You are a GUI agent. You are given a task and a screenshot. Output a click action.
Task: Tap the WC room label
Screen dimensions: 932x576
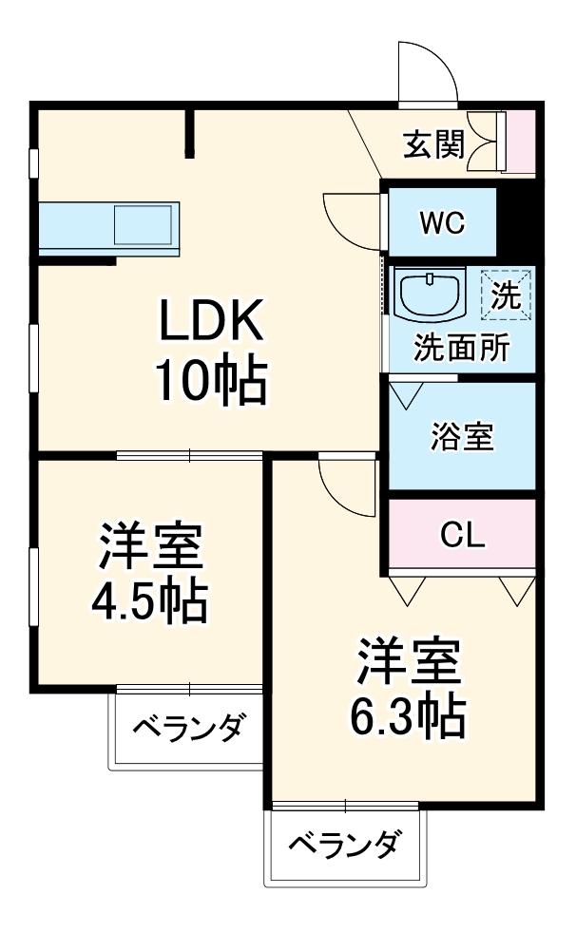[442, 223]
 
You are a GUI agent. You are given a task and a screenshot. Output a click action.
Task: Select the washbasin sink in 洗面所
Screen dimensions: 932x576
[431, 294]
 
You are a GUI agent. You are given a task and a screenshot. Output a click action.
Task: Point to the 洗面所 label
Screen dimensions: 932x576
[461, 348]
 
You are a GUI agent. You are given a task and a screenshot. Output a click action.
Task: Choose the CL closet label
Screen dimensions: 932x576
[463, 535]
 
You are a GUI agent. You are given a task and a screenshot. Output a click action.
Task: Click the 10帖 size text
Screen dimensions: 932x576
[210, 381]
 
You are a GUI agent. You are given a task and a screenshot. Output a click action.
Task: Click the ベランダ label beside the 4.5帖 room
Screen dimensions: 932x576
[187, 731]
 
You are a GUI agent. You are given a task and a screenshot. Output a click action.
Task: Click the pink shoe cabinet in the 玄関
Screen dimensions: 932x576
[521, 142]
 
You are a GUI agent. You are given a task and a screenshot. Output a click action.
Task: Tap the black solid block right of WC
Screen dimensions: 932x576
[517, 221]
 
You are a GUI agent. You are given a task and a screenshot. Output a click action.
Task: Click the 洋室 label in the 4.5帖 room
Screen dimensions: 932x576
[149, 543]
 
